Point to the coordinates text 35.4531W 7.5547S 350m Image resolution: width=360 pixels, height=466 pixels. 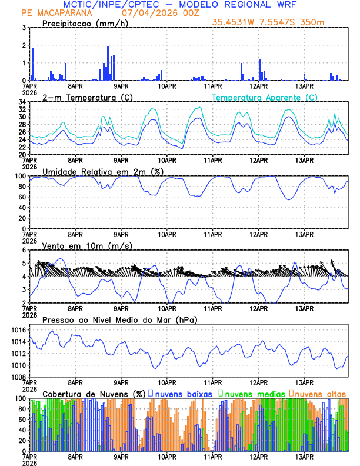268,23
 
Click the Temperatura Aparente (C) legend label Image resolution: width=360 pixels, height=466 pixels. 264,97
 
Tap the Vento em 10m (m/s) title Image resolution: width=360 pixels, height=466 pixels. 79,245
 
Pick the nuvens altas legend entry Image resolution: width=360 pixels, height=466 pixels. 320,393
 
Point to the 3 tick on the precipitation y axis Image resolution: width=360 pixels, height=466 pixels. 24,28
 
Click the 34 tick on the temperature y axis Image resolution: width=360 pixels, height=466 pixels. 22,102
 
